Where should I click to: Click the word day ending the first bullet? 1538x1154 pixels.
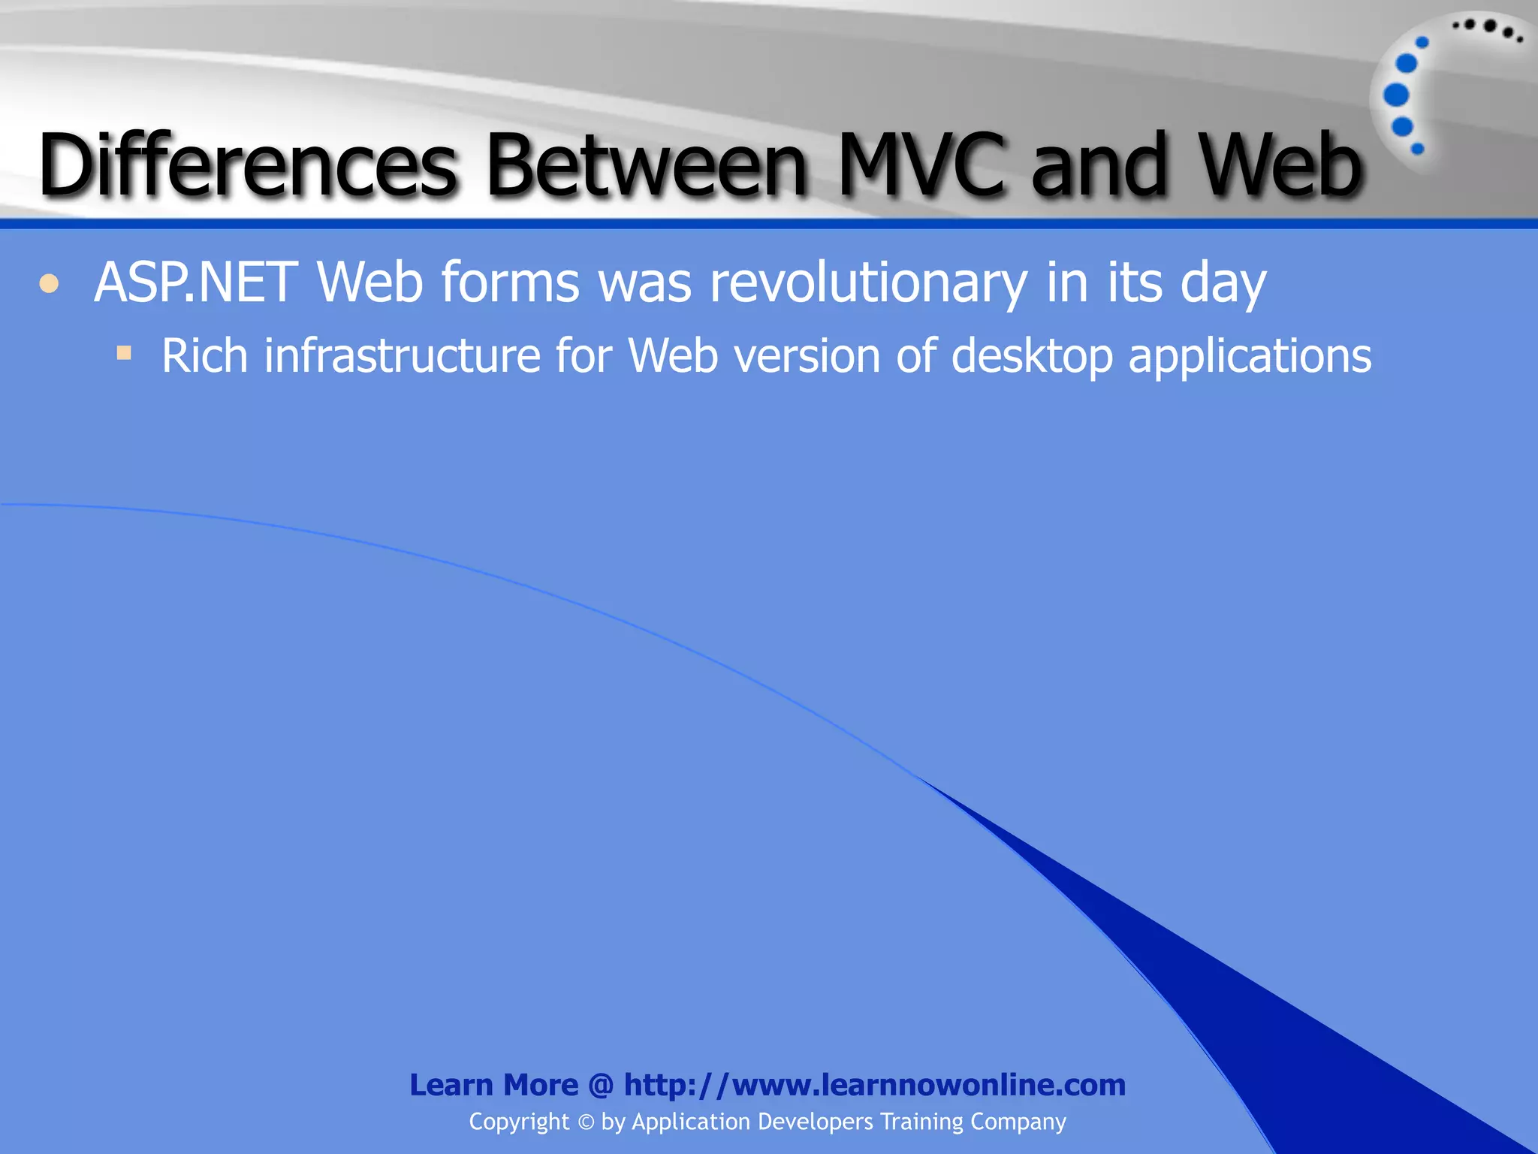(x=1223, y=284)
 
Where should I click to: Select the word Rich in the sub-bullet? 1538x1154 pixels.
(x=204, y=355)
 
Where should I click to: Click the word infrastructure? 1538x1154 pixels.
(x=402, y=355)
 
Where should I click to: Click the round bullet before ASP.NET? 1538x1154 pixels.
(x=49, y=284)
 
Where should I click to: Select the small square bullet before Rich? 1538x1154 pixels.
(x=124, y=352)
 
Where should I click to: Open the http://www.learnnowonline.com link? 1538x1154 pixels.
(x=875, y=1085)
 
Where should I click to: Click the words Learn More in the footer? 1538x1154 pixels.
(x=493, y=1085)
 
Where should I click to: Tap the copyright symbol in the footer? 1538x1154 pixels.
(x=586, y=1122)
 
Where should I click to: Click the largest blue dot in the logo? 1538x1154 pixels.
(x=1396, y=95)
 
